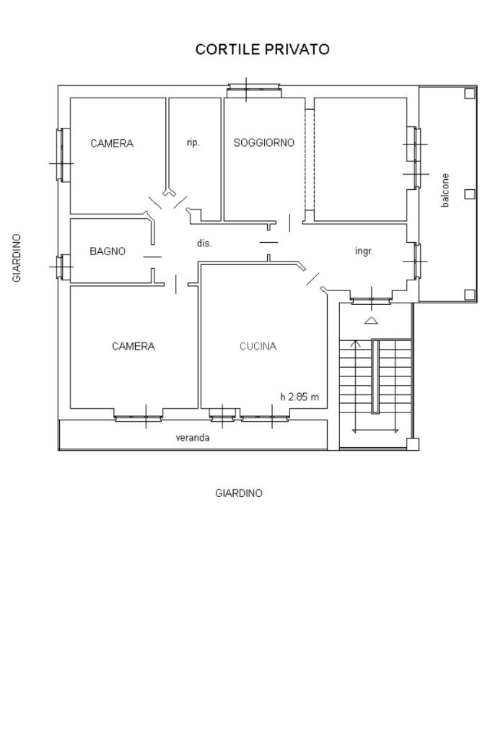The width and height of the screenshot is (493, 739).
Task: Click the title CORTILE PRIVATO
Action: pyautogui.click(x=262, y=50)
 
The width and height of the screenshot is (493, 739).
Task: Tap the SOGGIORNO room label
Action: pyautogui.click(x=263, y=142)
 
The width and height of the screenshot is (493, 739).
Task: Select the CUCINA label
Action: pyautogui.click(x=258, y=347)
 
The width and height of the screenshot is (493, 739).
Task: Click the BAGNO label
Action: pyautogui.click(x=108, y=251)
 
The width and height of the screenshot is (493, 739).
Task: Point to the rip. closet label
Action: pyautogui.click(x=193, y=142)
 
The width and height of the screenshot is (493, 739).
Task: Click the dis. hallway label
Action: pyautogui.click(x=204, y=243)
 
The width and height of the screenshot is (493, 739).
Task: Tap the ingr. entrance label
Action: pyautogui.click(x=364, y=251)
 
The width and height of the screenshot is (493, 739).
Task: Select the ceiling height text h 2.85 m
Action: pyautogui.click(x=300, y=397)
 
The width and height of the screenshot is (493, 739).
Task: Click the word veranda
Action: pyautogui.click(x=193, y=438)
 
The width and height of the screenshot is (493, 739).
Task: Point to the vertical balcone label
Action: pyautogui.click(x=445, y=191)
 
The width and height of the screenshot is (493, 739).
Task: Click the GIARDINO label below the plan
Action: pyautogui.click(x=239, y=493)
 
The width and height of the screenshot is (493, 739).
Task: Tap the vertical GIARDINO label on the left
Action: pyautogui.click(x=17, y=258)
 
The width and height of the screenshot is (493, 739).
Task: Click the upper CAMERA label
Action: pyautogui.click(x=112, y=143)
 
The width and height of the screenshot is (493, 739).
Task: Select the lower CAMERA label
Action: pyautogui.click(x=134, y=347)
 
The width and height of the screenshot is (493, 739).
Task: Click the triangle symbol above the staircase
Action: pyautogui.click(x=372, y=321)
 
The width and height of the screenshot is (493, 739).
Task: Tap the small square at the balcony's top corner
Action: pyautogui.click(x=469, y=93)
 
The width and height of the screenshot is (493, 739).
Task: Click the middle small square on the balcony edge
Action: pyautogui.click(x=469, y=194)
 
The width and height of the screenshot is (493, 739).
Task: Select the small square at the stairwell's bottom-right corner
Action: pyautogui.click(x=412, y=444)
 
